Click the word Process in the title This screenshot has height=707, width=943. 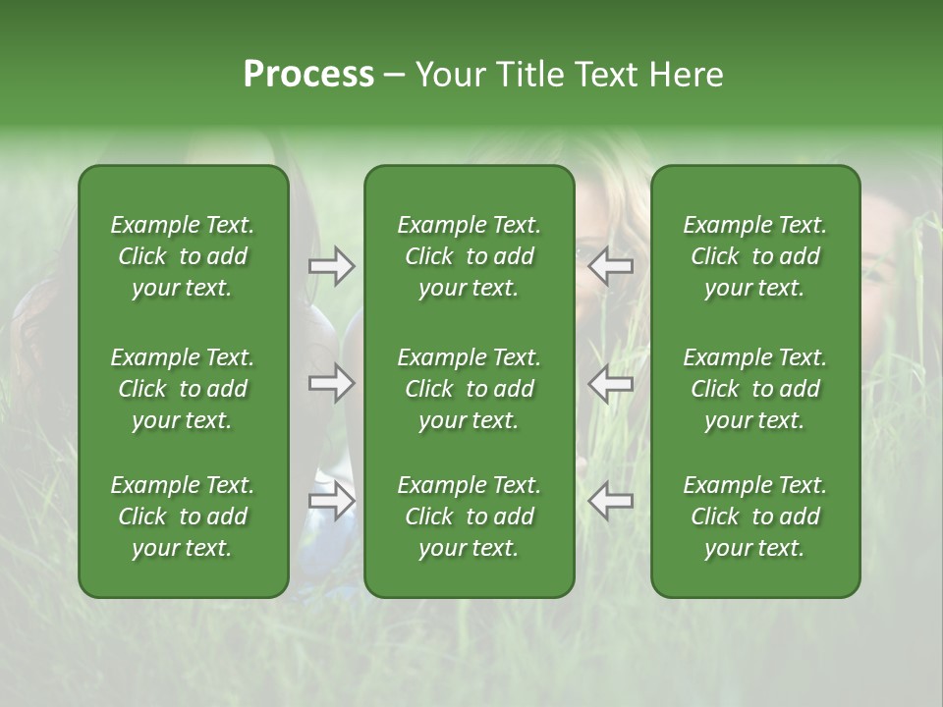[308, 75]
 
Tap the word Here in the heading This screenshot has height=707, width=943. [688, 75]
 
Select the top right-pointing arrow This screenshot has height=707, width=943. [332, 266]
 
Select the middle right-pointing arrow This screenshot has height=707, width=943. [332, 383]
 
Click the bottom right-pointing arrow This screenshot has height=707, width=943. [332, 501]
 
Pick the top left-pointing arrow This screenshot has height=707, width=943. [611, 266]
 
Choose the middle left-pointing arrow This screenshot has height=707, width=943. [611, 383]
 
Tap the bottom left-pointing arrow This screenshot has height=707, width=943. [611, 501]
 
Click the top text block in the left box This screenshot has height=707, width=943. [183, 256]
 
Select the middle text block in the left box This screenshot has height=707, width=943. [183, 389]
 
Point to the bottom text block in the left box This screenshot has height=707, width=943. [183, 517]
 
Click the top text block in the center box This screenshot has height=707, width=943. [470, 256]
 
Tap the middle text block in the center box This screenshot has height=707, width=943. [470, 389]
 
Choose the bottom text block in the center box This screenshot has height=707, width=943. [470, 517]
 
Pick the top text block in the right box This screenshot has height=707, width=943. [755, 256]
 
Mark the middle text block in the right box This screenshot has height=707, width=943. [755, 389]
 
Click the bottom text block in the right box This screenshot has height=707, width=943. [755, 517]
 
